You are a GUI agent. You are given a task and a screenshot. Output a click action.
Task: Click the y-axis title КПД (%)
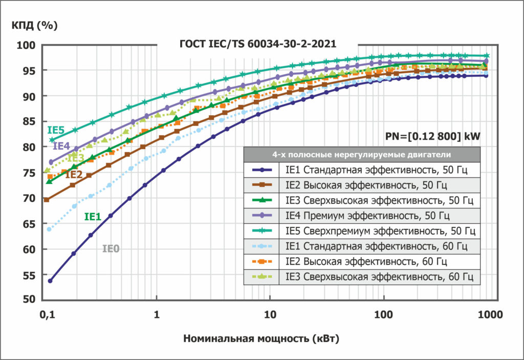coord(34,24)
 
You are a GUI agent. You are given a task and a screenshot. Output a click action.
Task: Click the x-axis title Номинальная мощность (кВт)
coord(261,338)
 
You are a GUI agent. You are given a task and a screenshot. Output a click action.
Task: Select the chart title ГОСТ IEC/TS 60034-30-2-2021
coord(257,44)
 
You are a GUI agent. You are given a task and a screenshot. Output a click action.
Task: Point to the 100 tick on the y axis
coord(27,46)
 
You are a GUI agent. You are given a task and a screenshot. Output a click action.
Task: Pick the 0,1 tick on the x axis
coord(47,315)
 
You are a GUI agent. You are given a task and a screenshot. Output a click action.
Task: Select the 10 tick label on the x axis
coord(270,315)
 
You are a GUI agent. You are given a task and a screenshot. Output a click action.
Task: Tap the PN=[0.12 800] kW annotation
coord(432,137)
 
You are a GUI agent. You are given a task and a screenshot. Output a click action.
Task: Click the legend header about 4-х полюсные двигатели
coord(361,154)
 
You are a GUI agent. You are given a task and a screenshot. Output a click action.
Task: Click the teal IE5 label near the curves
coord(55,130)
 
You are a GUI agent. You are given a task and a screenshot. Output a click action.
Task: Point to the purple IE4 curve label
coord(61,146)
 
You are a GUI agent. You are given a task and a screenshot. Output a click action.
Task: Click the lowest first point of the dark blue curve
coord(50,281)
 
